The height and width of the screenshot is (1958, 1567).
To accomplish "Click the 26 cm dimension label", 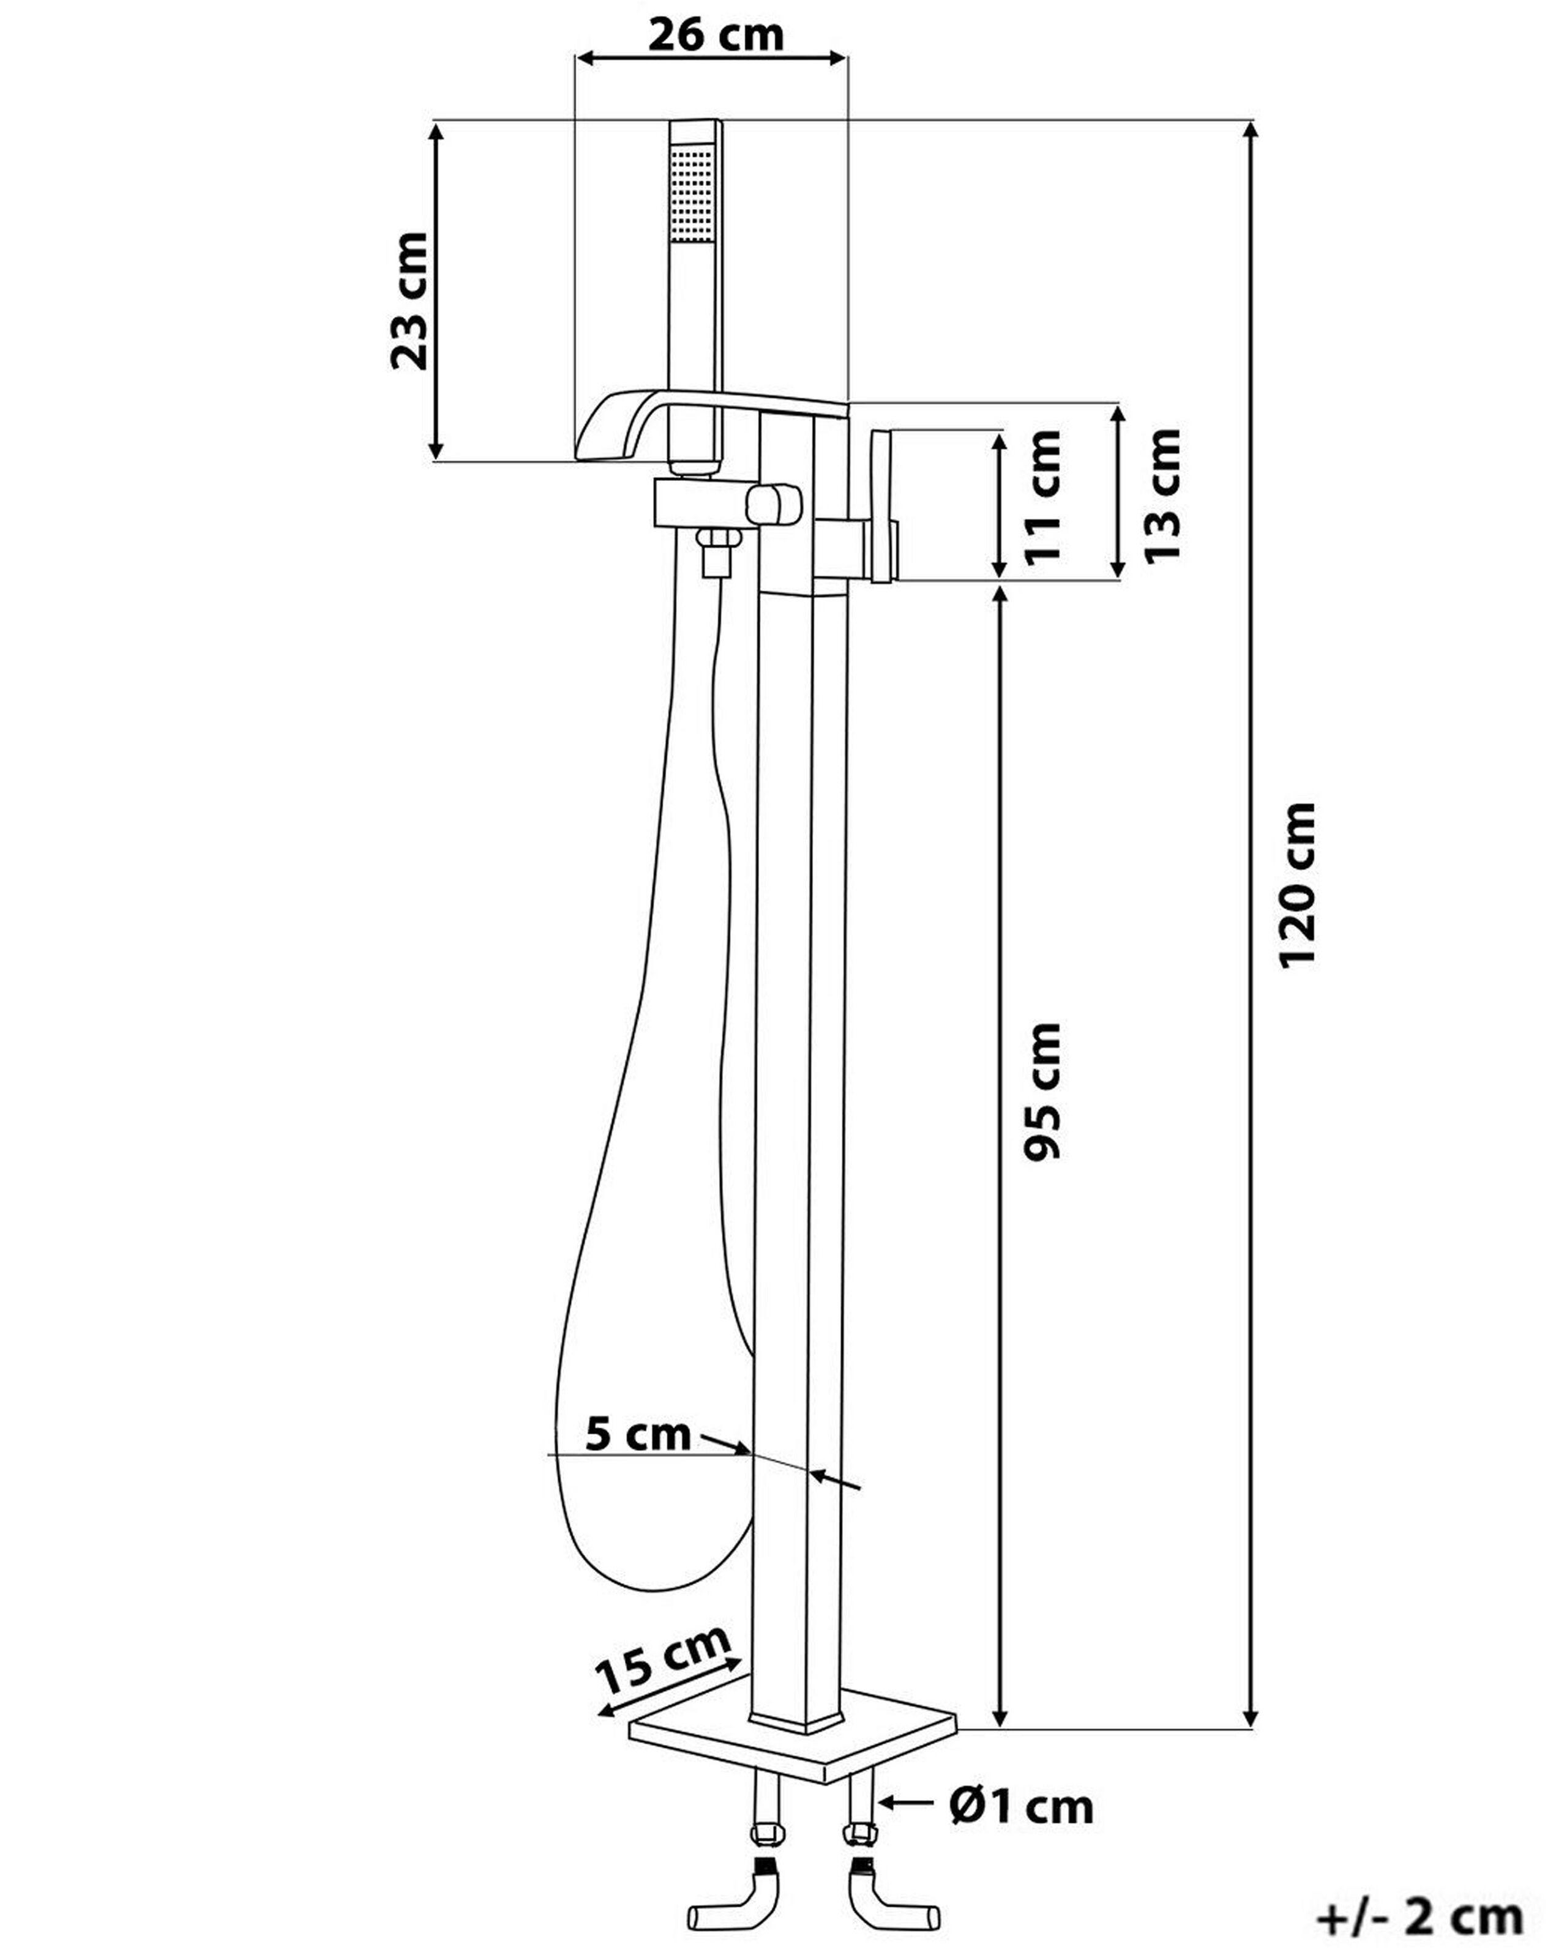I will pyautogui.click(x=715, y=34).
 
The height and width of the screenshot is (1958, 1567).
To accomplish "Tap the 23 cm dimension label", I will pyautogui.click(x=409, y=300).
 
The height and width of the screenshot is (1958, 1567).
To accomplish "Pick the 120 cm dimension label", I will pyautogui.click(x=1297, y=885).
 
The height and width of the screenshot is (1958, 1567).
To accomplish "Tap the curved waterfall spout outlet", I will pyautogui.click(x=610, y=427).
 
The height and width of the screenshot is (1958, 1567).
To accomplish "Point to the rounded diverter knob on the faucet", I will pyautogui.click(x=774, y=505).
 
